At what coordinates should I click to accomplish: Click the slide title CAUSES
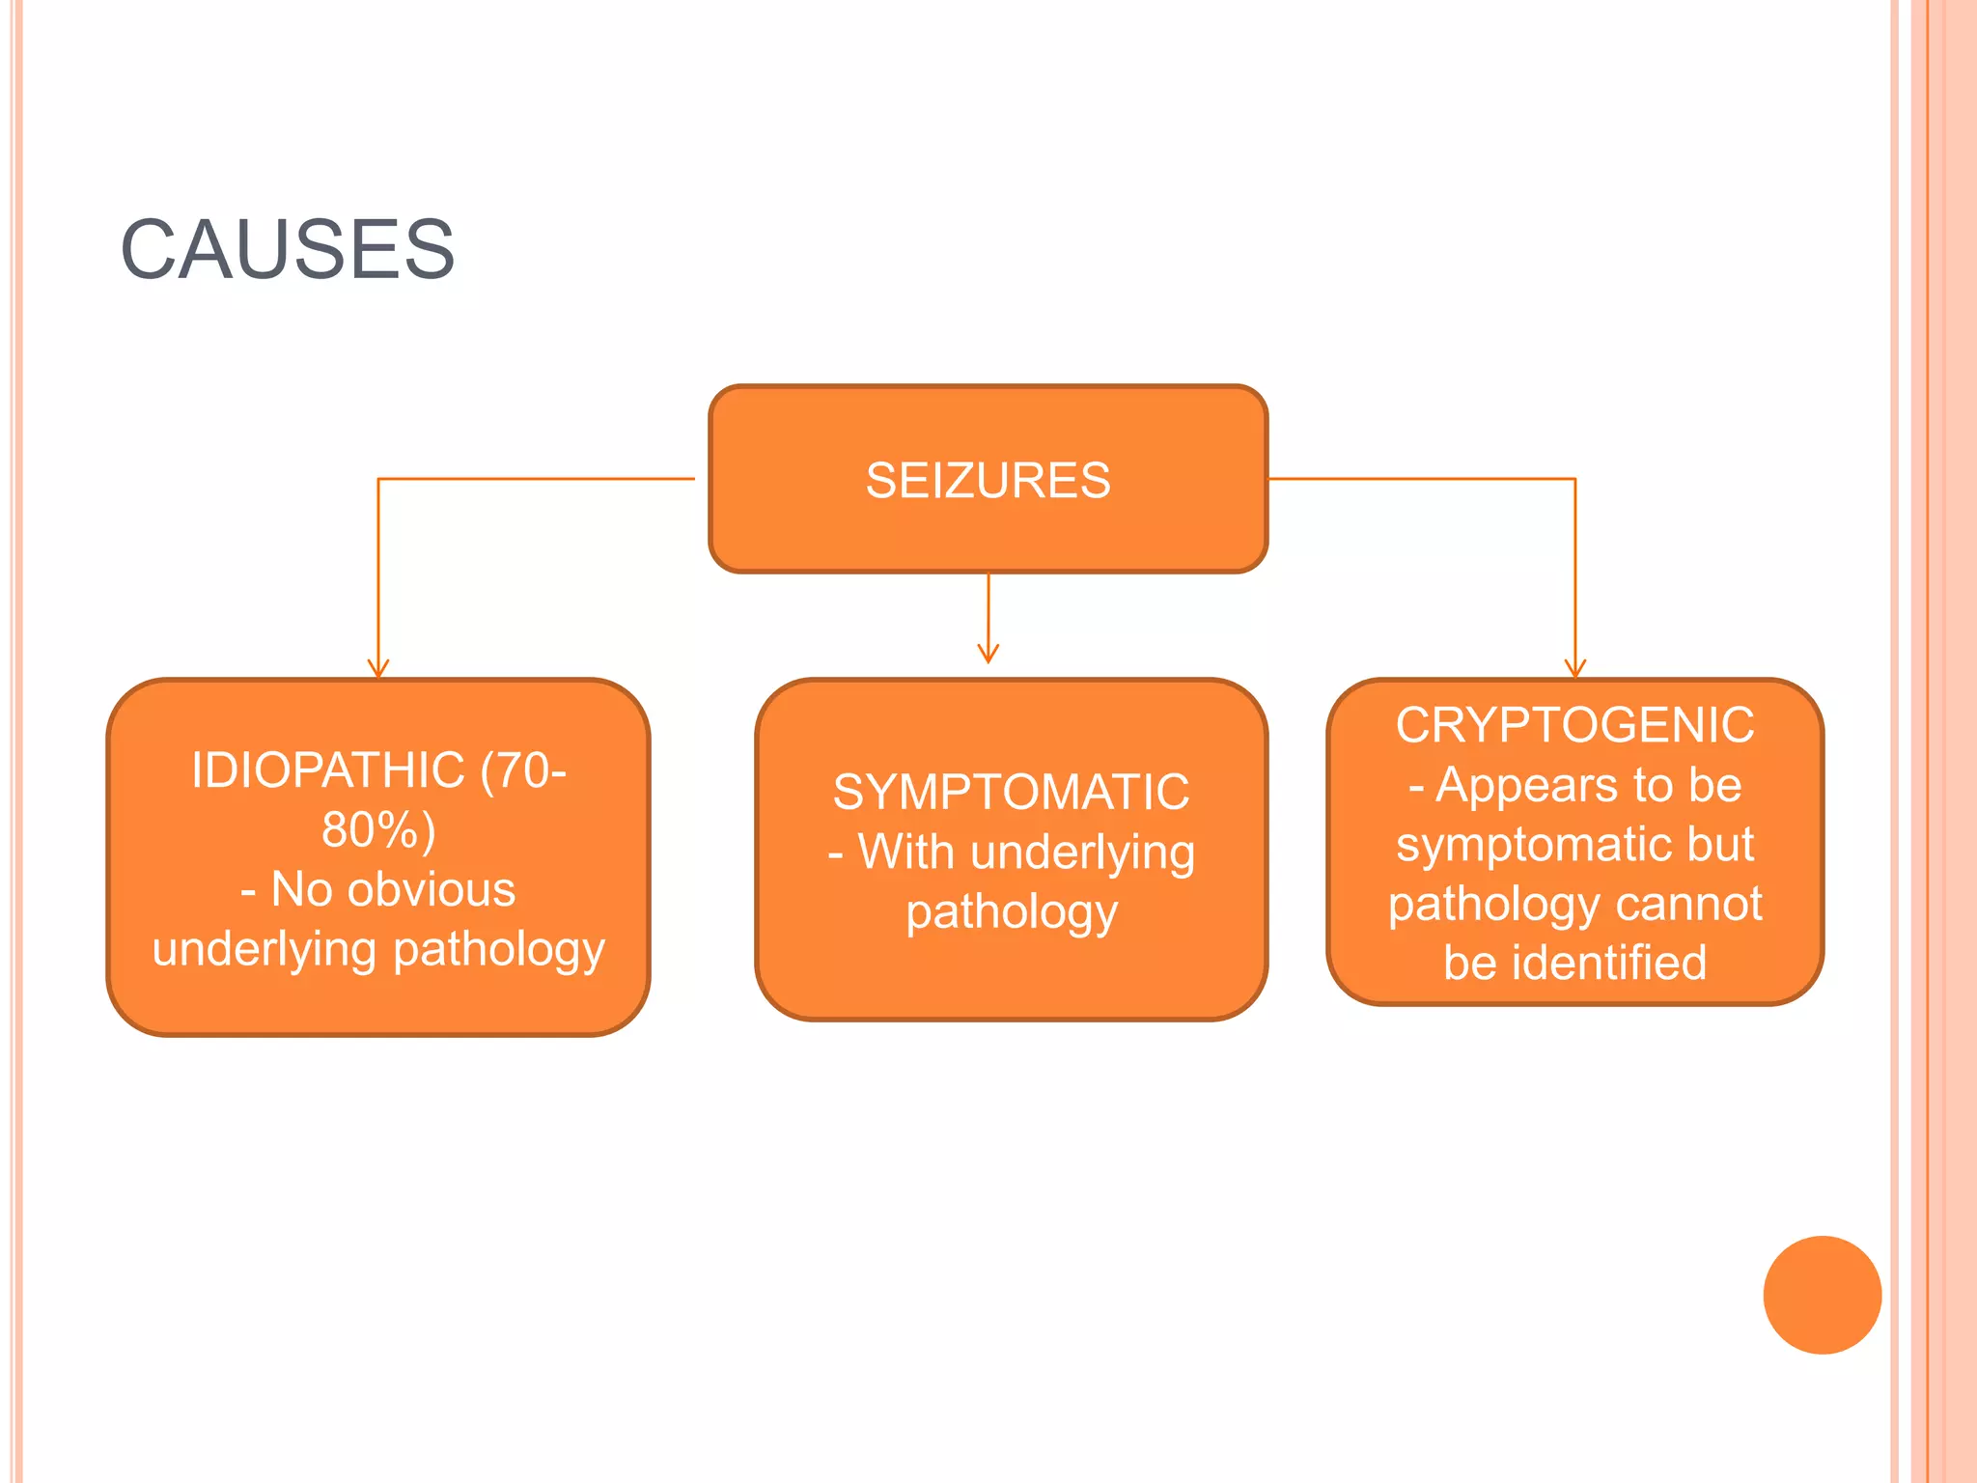[x=288, y=250]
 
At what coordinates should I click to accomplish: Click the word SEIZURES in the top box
[x=988, y=481]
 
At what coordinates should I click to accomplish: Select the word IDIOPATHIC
[x=328, y=770]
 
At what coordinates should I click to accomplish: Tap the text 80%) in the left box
[x=378, y=830]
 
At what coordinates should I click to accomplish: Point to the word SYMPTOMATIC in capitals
[x=1011, y=793]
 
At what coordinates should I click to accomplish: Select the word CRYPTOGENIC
[x=1574, y=725]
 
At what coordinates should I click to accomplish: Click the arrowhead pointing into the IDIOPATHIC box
[x=378, y=669]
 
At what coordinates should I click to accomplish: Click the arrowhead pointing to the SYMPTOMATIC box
[x=988, y=654]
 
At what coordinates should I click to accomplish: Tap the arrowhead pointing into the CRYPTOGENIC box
[x=1575, y=669]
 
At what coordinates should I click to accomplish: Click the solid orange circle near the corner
[x=1822, y=1295]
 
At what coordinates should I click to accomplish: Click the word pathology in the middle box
[x=1011, y=912]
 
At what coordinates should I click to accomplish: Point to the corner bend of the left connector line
[x=378, y=479]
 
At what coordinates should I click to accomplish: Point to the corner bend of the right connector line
[x=1575, y=479]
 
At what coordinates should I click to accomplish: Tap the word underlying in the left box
[x=265, y=949]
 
